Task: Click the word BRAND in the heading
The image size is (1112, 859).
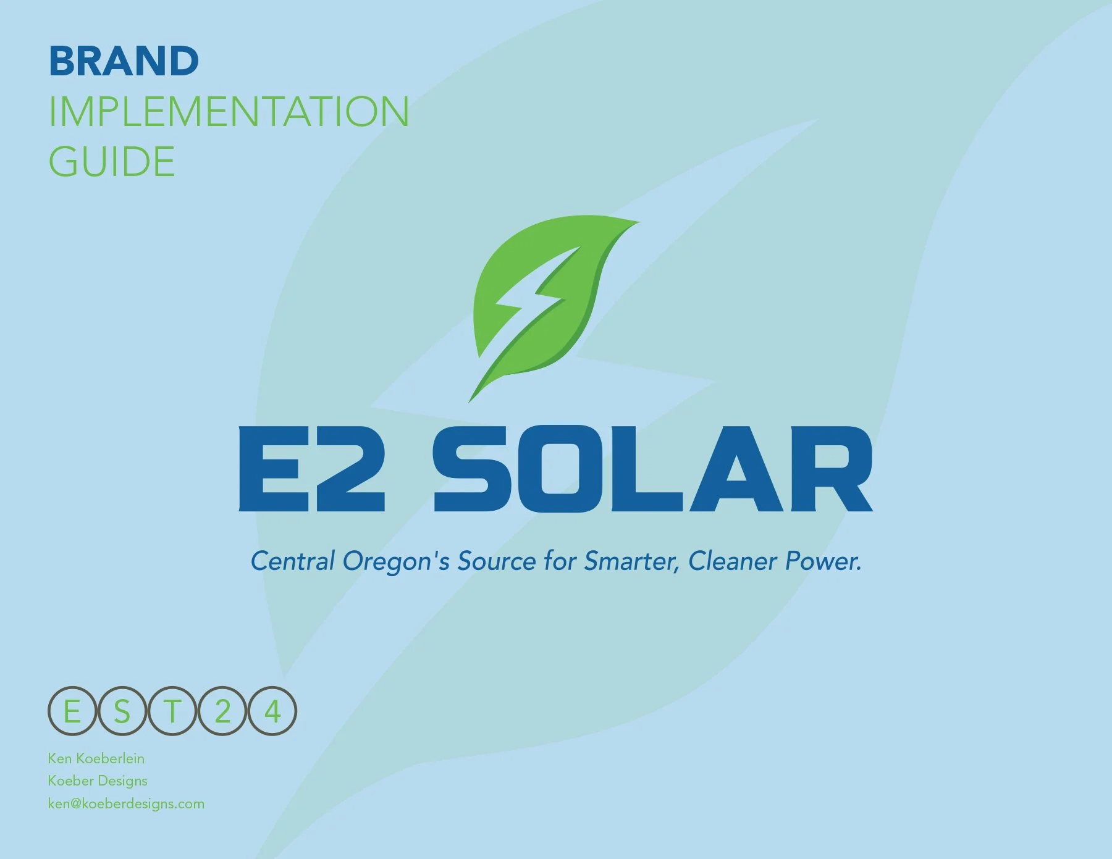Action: click(x=124, y=61)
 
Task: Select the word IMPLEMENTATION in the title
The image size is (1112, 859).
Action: click(x=229, y=112)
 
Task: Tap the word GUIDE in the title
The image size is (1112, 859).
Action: click(x=112, y=162)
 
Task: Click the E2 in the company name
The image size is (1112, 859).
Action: click(x=312, y=469)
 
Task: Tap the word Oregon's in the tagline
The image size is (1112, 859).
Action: click(x=396, y=561)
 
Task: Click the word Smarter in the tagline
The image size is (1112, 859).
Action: click(x=631, y=561)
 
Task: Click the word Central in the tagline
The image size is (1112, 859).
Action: click(x=293, y=561)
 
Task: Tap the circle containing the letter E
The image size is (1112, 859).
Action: click(x=72, y=711)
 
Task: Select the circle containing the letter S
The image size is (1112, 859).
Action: click(x=122, y=711)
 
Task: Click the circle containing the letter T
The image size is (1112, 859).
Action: click(x=172, y=711)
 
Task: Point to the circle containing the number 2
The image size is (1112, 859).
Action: click(x=222, y=711)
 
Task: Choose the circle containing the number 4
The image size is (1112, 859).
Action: click(x=272, y=711)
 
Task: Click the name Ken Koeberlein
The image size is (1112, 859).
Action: click(x=96, y=758)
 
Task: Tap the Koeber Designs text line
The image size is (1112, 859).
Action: click(x=98, y=781)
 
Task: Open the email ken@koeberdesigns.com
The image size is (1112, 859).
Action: click(x=126, y=803)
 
